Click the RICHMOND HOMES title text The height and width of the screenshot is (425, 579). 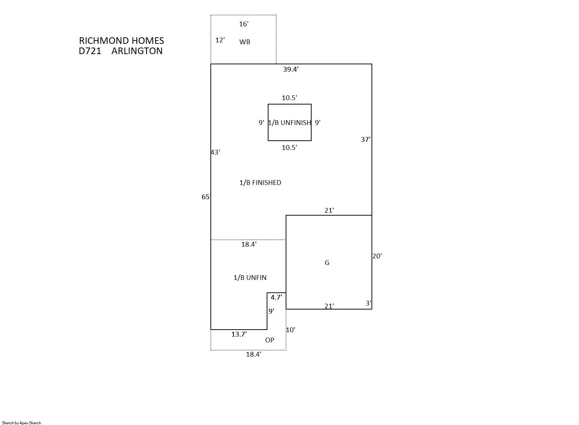click(x=122, y=41)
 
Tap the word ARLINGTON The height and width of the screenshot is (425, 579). click(x=137, y=51)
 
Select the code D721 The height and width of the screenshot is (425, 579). click(x=90, y=51)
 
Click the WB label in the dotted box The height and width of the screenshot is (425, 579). click(x=245, y=42)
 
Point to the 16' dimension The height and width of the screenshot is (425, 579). click(x=244, y=24)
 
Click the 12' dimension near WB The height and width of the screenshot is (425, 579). click(x=220, y=40)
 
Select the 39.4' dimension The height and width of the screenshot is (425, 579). click(x=291, y=69)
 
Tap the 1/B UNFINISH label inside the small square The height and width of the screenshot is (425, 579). click(x=289, y=122)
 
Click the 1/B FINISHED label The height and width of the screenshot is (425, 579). click(x=260, y=182)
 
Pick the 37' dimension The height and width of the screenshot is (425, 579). click(x=366, y=140)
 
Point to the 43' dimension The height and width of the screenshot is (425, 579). click(x=216, y=152)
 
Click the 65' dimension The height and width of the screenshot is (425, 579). click(x=206, y=197)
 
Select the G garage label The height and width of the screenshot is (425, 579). click(x=327, y=263)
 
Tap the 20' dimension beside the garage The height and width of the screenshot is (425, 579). click(x=377, y=256)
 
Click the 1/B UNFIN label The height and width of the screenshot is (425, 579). click(x=250, y=277)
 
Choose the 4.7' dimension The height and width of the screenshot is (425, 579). click(x=276, y=297)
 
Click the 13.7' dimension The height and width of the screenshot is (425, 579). click(x=239, y=334)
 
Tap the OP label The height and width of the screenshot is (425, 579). click(x=270, y=340)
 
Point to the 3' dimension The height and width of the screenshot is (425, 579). click(x=369, y=303)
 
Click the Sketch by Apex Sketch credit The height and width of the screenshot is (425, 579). click(x=22, y=423)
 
